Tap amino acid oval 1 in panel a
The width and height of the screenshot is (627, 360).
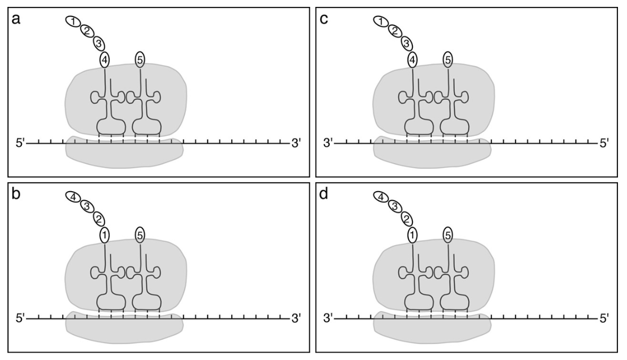pyautogui.click(x=73, y=21)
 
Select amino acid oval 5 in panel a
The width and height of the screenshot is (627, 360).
pyautogui.click(x=140, y=59)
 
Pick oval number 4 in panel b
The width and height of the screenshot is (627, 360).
pyautogui.click(x=73, y=197)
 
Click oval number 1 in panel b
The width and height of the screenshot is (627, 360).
pyautogui.click(x=105, y=235)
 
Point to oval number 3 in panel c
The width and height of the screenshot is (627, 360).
pyautogui.click(x=405, y=42)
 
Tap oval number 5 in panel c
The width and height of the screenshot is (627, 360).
pyautogui.click(x=448, y=59)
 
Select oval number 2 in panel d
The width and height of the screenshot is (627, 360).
pyautogui.click(x=405, y=218)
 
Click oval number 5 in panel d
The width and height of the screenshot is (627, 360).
pyautogui.click(x=448, y=235)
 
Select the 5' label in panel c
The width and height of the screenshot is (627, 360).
pyautogui.click(x=604, y=143)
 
